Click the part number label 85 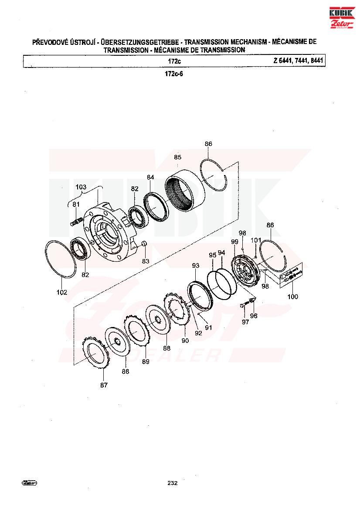tap(177, 157)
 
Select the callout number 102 tap(62, 292)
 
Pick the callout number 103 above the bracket tap(81, 187)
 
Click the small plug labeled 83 tap(145, 244)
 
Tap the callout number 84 tap(150, 177)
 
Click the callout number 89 tap(146, 361)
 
